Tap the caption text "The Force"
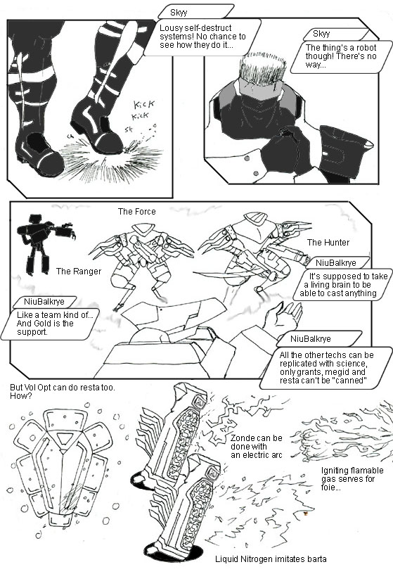pos(136,212)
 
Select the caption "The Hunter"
pos(328,243)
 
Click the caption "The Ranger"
pos(79,272)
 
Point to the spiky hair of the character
pos(262,67)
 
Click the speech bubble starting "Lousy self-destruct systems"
pos(202,37)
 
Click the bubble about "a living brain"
pos(342,284)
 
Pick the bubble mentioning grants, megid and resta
pos(326,368)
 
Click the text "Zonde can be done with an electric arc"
pos(256,447)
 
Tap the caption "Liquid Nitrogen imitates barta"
pos(271,559)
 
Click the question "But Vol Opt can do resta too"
pos(62,391)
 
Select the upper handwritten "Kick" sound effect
pos(144,104)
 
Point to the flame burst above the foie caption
pos(342,435)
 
